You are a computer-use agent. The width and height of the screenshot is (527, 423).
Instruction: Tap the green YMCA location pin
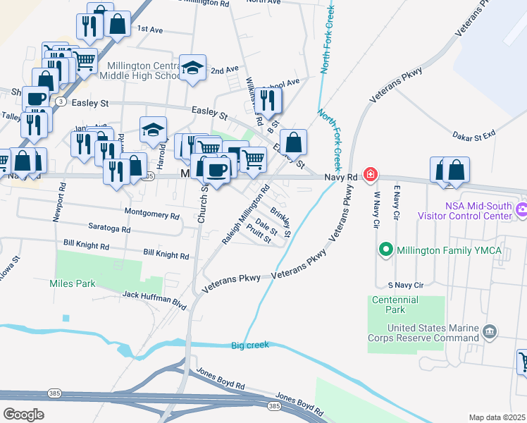(x=385, y=249)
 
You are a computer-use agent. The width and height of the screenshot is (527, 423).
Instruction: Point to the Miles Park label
(x=72, y=283)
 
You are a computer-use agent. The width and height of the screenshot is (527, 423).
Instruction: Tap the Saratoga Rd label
(x=109, y=229)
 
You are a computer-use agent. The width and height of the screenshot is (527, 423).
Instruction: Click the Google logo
(x=23, y=415)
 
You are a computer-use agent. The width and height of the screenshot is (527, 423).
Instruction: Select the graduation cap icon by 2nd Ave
(x=192, y=68)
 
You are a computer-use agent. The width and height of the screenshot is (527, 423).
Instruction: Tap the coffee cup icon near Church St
(x=217, y=169)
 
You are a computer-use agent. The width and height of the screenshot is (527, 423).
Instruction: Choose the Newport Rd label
(x=60, y=204)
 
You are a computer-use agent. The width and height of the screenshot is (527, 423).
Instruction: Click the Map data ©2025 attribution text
(x=497, y=417)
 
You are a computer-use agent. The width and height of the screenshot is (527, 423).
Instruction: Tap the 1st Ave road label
(x=150, y=30)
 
